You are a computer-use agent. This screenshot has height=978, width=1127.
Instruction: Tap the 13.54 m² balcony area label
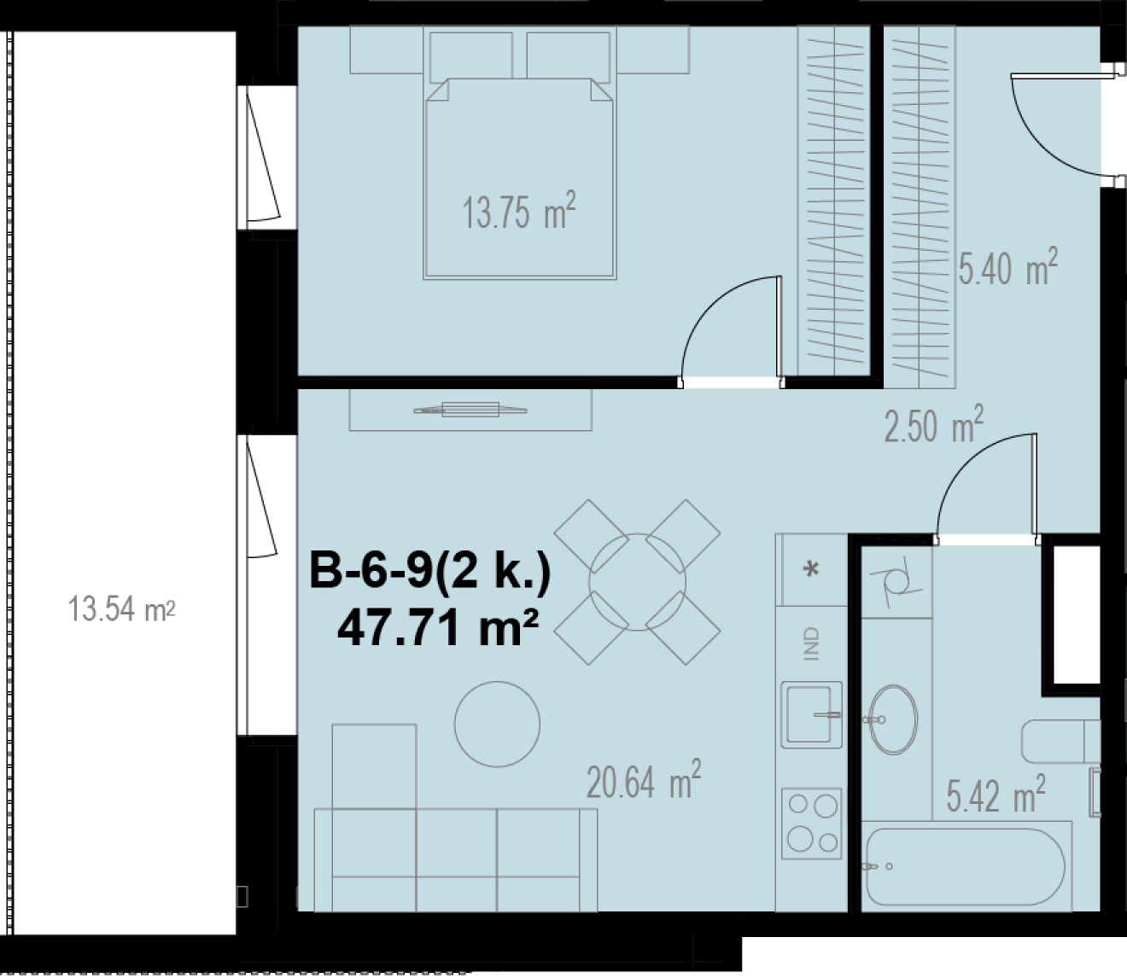[x=121, y=609]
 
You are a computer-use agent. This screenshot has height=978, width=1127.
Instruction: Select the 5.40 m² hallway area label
[x=1008, y=267]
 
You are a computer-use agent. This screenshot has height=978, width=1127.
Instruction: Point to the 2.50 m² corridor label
[x=934, y=424]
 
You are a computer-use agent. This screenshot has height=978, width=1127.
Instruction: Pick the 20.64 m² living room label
[x=644, y=779]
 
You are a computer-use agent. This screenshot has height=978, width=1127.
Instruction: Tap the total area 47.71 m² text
[x=438, y=628]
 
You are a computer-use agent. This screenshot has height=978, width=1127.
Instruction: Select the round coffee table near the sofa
[x=497, y=725]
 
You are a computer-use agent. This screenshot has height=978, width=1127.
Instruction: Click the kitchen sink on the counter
[x=811, y=714]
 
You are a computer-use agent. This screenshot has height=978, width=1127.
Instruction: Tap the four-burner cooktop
[x=811, y=824]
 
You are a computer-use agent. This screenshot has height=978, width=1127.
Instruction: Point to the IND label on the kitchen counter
[x=812, y=643]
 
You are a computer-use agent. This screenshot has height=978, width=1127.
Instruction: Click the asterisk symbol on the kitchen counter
[x=811, y=569]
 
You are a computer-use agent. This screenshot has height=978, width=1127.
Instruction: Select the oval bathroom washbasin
[x=893, y=719]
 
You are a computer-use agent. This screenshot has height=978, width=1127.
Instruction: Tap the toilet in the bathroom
[x=1061, y=742]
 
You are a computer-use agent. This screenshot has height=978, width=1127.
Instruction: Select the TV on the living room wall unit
[x=470, y=410]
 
